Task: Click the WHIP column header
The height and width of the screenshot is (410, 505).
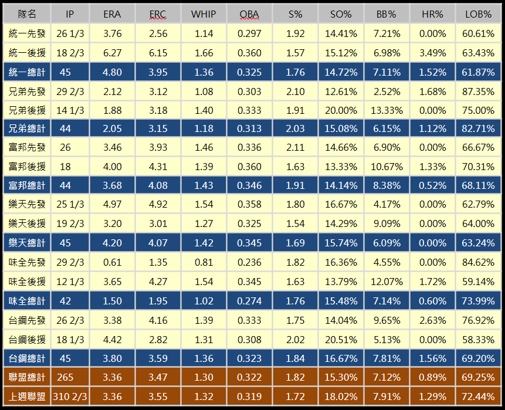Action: pos(204,15)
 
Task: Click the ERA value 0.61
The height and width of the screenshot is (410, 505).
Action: pos(112,263)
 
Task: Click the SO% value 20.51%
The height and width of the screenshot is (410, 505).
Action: pos(341,338)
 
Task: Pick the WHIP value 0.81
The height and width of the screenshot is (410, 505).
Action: pos(204,263)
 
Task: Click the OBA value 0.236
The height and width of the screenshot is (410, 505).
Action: pos(250,263)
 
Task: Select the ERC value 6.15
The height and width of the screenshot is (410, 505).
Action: pos(157,53)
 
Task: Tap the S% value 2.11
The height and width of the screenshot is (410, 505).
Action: pos(296,148)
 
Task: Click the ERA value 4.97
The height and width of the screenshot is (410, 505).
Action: pos(112,204)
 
